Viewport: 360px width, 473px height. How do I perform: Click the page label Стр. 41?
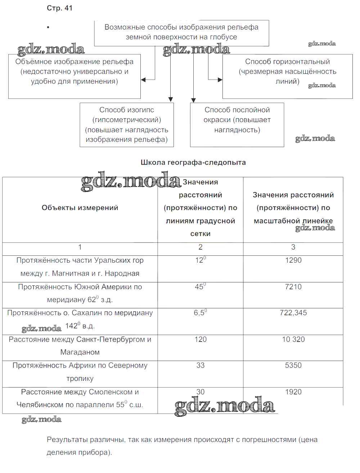[60, 8]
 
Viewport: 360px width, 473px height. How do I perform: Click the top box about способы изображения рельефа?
[181, 32]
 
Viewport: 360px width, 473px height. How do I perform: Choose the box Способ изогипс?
[127, 125]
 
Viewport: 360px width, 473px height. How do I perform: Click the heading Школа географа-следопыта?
[193, 162]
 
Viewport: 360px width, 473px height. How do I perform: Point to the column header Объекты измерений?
[80, 208]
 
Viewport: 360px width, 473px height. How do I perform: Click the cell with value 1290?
[293, 260]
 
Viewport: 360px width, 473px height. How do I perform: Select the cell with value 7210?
[293, 287]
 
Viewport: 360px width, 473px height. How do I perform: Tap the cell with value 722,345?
[293, 313]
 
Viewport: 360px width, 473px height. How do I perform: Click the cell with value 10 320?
[293, 339]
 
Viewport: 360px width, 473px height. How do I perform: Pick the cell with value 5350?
[293, 365]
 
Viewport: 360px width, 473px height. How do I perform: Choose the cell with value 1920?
[293, 392]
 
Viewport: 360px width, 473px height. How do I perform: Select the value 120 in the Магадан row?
[201, 339]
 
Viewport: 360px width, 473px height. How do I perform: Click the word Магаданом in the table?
[80, 352]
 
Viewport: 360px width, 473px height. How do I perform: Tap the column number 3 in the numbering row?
[293, 247]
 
